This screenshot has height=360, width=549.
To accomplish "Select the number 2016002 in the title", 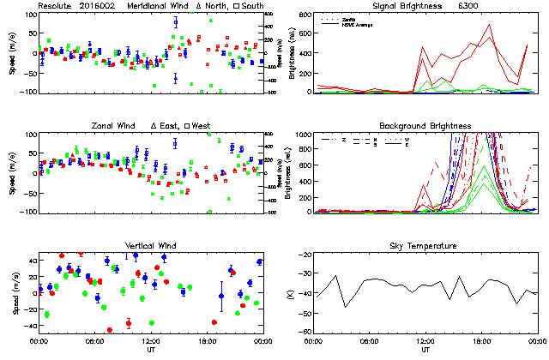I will (x=99, y=5).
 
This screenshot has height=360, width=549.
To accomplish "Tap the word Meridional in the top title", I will (x=154, y=5).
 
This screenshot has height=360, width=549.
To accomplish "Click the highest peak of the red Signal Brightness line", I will (x=490, y=25).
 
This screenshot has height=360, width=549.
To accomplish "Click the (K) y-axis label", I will (x=289, y=294).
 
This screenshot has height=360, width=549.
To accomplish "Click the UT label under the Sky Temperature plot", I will (x=425, y=350).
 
